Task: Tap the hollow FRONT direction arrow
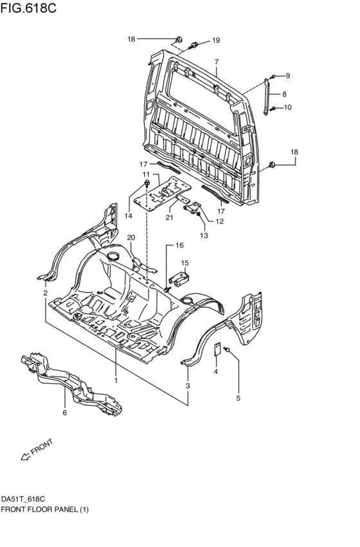pyautogui.click(x=26, y=456)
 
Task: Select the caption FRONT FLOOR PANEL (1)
pyautogui.click(x=45, y=509)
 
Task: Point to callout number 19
pyautogui.click(x=216, y=40)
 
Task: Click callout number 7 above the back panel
pyautogui.click(x=217, y=62)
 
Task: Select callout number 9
pyautogui.click(x=287, y=76)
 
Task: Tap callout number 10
pyautogui.click(x=287, y=107)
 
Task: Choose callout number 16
pyautogui.click(x=179, y=245)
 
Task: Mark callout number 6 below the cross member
pyautogui.click(x=64, y=413)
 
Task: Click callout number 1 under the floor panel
pyautogui.click(x=116, y=380)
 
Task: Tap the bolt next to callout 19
pyautogui.click(x=194, y=45)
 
